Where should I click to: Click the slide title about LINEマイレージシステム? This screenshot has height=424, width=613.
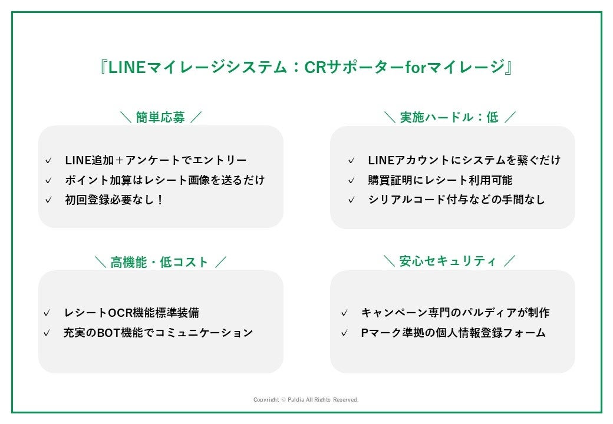tap(306, 67)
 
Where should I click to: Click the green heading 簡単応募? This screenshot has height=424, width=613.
tap(160, 117)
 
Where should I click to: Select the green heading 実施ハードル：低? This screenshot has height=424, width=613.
tap(449, 117)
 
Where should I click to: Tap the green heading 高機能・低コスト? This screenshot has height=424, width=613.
tap(160, 262)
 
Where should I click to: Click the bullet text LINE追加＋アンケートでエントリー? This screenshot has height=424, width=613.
tap(156, 160)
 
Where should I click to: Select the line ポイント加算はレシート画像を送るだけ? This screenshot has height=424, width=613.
tap(164, 180)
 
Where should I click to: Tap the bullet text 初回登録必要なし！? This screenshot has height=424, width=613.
tap(114, 200)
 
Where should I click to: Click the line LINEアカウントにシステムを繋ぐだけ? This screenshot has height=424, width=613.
tap(464, 160)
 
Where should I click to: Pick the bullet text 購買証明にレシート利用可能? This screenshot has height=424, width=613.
tap(440, 180)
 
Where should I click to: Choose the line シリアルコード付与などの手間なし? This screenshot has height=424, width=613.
tap(456, 200)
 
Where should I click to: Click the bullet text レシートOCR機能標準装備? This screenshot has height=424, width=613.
tap(136, 313)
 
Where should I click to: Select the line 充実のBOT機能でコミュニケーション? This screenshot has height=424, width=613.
tap(158, 333)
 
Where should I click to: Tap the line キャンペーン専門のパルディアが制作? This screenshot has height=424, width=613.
tap(455, 313)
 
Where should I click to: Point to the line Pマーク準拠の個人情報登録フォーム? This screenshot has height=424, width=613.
tap(453, 333)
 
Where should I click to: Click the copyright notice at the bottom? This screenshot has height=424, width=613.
tap(306, 400)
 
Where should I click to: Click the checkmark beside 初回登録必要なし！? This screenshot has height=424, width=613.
tap(48, 200)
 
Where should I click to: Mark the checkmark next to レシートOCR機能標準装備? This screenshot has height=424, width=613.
tap(47, 313)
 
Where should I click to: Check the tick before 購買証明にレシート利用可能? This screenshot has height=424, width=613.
tap(351, 181)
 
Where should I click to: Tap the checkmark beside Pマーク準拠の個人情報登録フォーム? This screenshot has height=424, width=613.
tap(344, 333)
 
